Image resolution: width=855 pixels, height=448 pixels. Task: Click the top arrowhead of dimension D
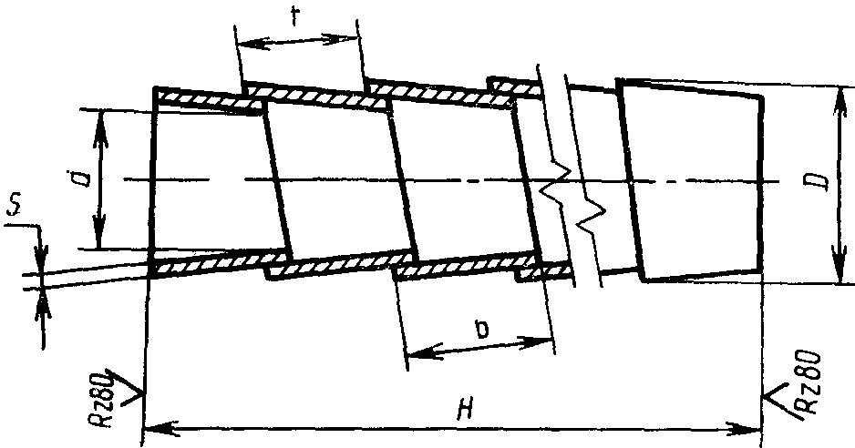tap(837, 95)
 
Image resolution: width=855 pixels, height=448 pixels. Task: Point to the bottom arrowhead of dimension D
tap(837, 273)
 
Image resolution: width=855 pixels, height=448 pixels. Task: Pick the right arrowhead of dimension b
tap(544, 342)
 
